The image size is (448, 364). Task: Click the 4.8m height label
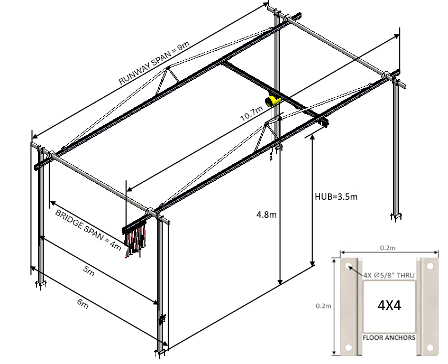pos(265,214)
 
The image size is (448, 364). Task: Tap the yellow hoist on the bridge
pos(273,100)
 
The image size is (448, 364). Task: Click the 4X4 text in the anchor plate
pos(389,305)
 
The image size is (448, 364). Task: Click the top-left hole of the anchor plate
pos(349,266)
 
